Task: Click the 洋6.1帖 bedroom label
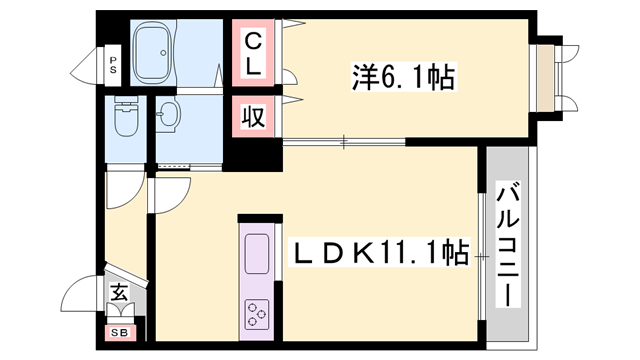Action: (x=403, y=76)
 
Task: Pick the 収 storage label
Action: (x=254, y=117)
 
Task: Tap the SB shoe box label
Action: (x=118, y=333)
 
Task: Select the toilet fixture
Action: (x=128, y=121)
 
